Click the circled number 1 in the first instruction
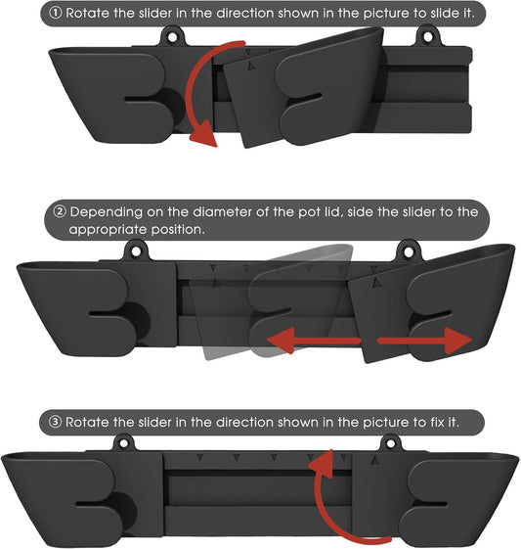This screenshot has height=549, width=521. click(56, 14)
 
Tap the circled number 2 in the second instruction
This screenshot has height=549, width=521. click(60, 211)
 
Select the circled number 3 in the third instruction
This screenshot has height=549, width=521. click(55, 422)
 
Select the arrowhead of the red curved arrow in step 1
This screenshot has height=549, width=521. click(203, 134)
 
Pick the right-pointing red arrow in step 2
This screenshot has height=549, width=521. click(425, 341)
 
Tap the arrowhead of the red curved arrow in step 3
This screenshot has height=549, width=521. click(321, 463)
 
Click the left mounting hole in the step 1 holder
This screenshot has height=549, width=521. click(172, 37)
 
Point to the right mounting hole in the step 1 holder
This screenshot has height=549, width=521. click(428, 36)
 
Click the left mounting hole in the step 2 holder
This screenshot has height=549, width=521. click(136, 252)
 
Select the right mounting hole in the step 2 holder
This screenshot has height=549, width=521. click(408, 252)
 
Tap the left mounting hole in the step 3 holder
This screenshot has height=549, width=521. click(124, 444)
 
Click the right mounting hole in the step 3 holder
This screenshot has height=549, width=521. click(391, 444)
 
